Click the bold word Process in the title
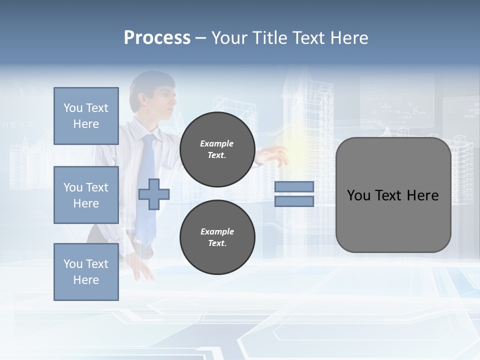(x=157, y=38)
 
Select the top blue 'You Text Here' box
(x=86, y=116)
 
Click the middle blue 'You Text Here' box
(x=86, y=195)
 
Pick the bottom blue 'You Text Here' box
(x=86, y=271)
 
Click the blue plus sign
(x=154, y=194)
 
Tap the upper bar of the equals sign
(x=294, y=186)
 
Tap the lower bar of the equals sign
(x=294, y=201)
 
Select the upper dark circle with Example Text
(x=217, y=149)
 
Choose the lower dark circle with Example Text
(x=217, y=237)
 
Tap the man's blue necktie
(x=147, y=190)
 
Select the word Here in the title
(x=349, y=38)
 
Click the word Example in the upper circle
(x=217, y=143)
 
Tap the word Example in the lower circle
(x=217, y=231)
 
